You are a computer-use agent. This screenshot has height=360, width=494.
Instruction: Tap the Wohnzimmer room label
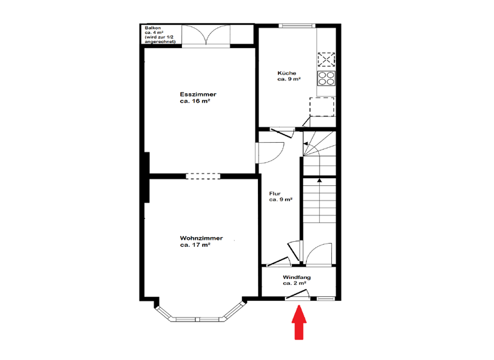pyautogui.click(x=201, y=239)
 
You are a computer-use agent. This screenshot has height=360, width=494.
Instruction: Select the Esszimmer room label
pyautogui.click(x=198, y=94)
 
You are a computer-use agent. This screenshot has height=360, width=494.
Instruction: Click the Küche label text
pyautogui.click(x=287, y=73)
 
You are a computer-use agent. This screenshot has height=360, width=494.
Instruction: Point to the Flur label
pyautogui.click(x=275, y=193)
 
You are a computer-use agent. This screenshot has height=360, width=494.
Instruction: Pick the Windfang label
pyautogui.click(x=297, y=276)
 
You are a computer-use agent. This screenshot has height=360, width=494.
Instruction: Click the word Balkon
pyautogui.click(x=152, y=28)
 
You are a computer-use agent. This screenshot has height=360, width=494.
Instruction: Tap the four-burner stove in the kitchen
pyautogui.click(x=326, y=78)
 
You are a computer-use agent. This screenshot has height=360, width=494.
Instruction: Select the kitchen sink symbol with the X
pyautogui.click(x=326, y=60)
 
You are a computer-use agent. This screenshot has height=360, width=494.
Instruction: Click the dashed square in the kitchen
pyautogui.click(x=322, y=107)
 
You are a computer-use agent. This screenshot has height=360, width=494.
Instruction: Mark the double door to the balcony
pyautogui.click(x=205, y=35)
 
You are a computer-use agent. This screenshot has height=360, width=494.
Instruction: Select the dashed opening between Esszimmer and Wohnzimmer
pyautogui.click(x=203, y=175)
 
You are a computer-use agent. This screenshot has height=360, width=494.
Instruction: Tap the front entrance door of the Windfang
pyautogui.click(x=298, y=295)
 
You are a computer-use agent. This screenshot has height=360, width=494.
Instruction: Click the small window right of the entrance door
pyautogui.click(x=326, y=298)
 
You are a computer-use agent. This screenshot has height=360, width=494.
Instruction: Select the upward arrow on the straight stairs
pyautogui.click(x=319, y=181)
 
